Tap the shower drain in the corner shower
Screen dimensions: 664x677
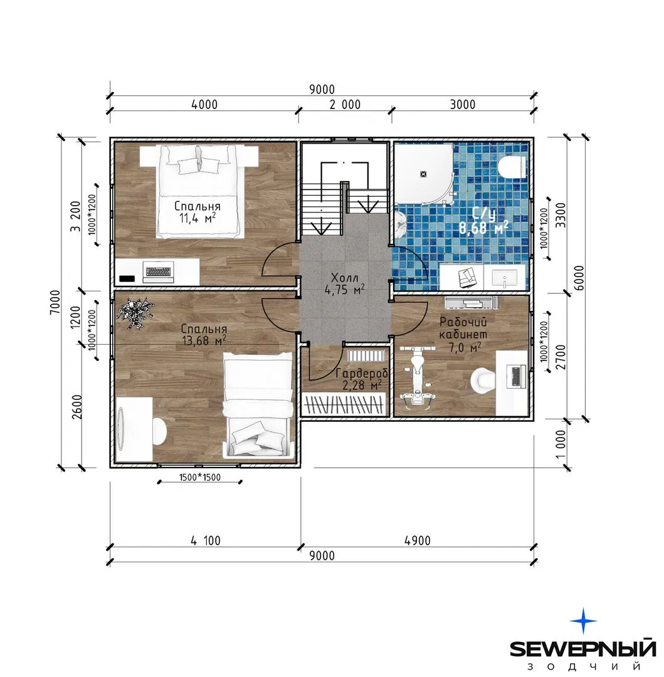point(423,174)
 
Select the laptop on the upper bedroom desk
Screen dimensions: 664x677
point(159,272)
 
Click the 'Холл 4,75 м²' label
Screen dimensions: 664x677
point(344,283)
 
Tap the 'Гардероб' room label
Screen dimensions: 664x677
point(361,373)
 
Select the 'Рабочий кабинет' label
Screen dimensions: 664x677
point(463,328)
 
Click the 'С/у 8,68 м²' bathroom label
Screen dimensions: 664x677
point(483,221)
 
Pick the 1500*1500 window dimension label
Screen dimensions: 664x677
point(200,477)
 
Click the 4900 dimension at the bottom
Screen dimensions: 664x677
point(418,540)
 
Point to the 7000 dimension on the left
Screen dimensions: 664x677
point(55,302)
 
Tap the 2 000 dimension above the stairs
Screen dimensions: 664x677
point(345,105)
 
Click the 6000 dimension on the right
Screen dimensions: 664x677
point(579,278)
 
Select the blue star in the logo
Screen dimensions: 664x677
point(583,621)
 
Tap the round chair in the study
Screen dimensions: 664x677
point(483,380)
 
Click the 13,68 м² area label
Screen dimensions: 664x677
point(204,340)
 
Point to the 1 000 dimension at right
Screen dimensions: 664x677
point(560,444)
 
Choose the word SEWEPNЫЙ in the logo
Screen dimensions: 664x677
point(582,648)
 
